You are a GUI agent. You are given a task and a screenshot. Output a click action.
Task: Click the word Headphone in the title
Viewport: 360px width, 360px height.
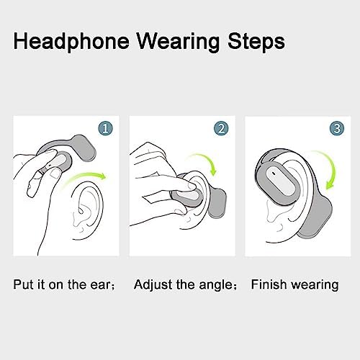tap(71, 42)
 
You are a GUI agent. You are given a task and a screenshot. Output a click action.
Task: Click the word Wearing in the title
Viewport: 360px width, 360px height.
tap(178, 42)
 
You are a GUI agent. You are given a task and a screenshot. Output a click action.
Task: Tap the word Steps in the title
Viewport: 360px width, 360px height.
tap(256, 42)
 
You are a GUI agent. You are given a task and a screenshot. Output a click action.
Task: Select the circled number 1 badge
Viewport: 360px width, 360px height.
tap(105, 129)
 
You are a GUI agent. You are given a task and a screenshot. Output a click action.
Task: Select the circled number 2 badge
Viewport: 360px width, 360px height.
tap(221, 128)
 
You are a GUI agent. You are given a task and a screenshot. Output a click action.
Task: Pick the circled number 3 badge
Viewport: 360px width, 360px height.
tap(337, 128)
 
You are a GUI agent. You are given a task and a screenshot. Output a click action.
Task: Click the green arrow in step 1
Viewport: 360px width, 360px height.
tap(84, 178)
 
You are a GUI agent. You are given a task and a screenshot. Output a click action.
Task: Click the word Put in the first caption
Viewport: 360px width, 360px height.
tap(22, 284)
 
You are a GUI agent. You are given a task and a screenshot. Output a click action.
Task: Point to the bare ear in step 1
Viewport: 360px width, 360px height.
tap(87, 211)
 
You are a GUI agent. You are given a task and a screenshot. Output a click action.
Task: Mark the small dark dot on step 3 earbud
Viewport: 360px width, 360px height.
tap(274, 172)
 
